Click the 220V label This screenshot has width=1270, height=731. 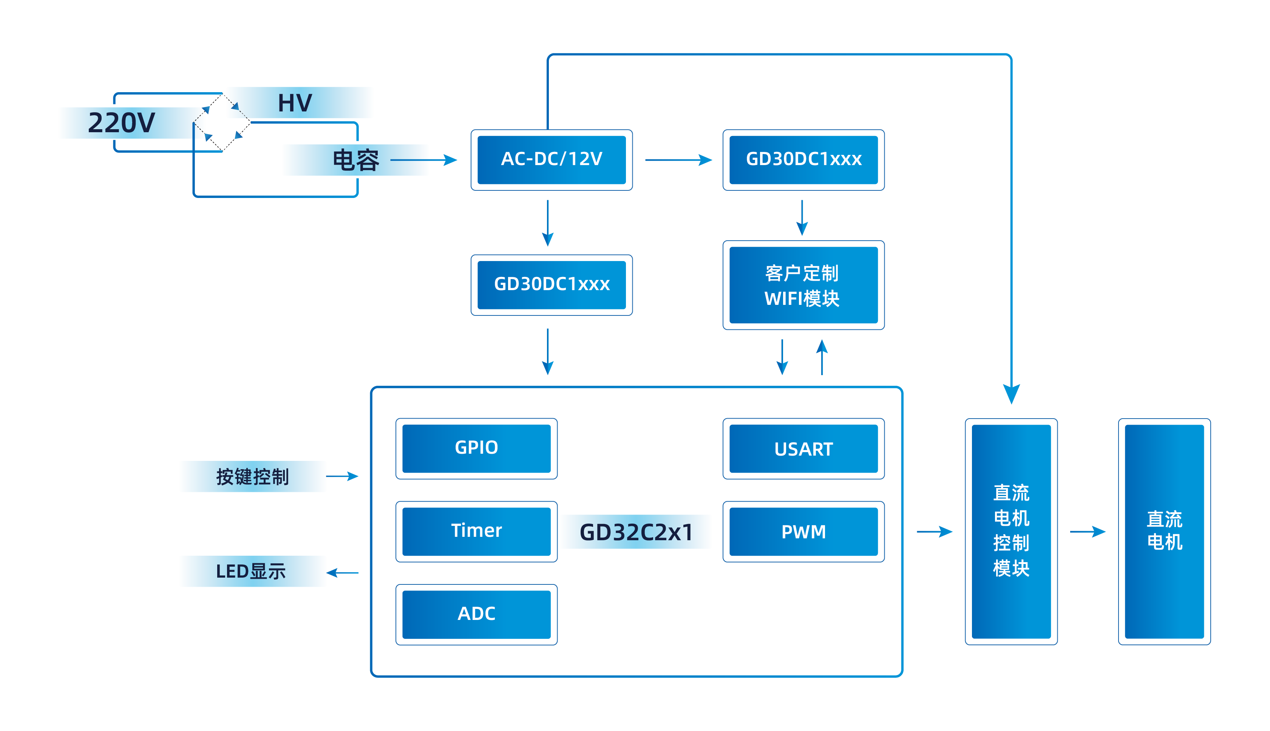(x=122, y=123)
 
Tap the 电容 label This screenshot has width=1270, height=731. (x=355, y=160)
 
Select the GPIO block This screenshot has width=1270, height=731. (x=476, y=448)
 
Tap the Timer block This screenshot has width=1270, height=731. (x=476, y=531)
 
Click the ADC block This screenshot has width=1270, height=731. (x=476, y=614)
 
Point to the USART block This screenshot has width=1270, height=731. (x=803, y=449)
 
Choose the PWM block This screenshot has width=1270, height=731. (x=803, y=532)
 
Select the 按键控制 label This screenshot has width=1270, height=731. (x=252, y=476)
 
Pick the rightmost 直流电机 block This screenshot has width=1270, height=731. (x=1164, y=531)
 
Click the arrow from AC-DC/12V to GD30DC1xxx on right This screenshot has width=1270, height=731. (x=678, y=160)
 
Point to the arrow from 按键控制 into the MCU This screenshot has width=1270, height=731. (x=343, y=476)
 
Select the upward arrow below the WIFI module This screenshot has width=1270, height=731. (x=822, y=357)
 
